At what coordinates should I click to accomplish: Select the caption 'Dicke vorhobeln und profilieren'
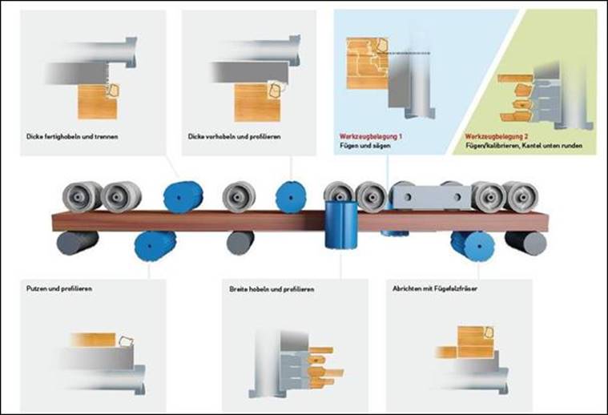(x=235, y=137)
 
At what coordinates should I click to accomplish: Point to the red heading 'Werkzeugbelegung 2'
(x=498, y=138)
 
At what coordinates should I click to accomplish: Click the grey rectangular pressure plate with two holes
(x=428, y=193)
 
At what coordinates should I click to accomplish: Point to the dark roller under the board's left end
(x=78, y=241)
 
